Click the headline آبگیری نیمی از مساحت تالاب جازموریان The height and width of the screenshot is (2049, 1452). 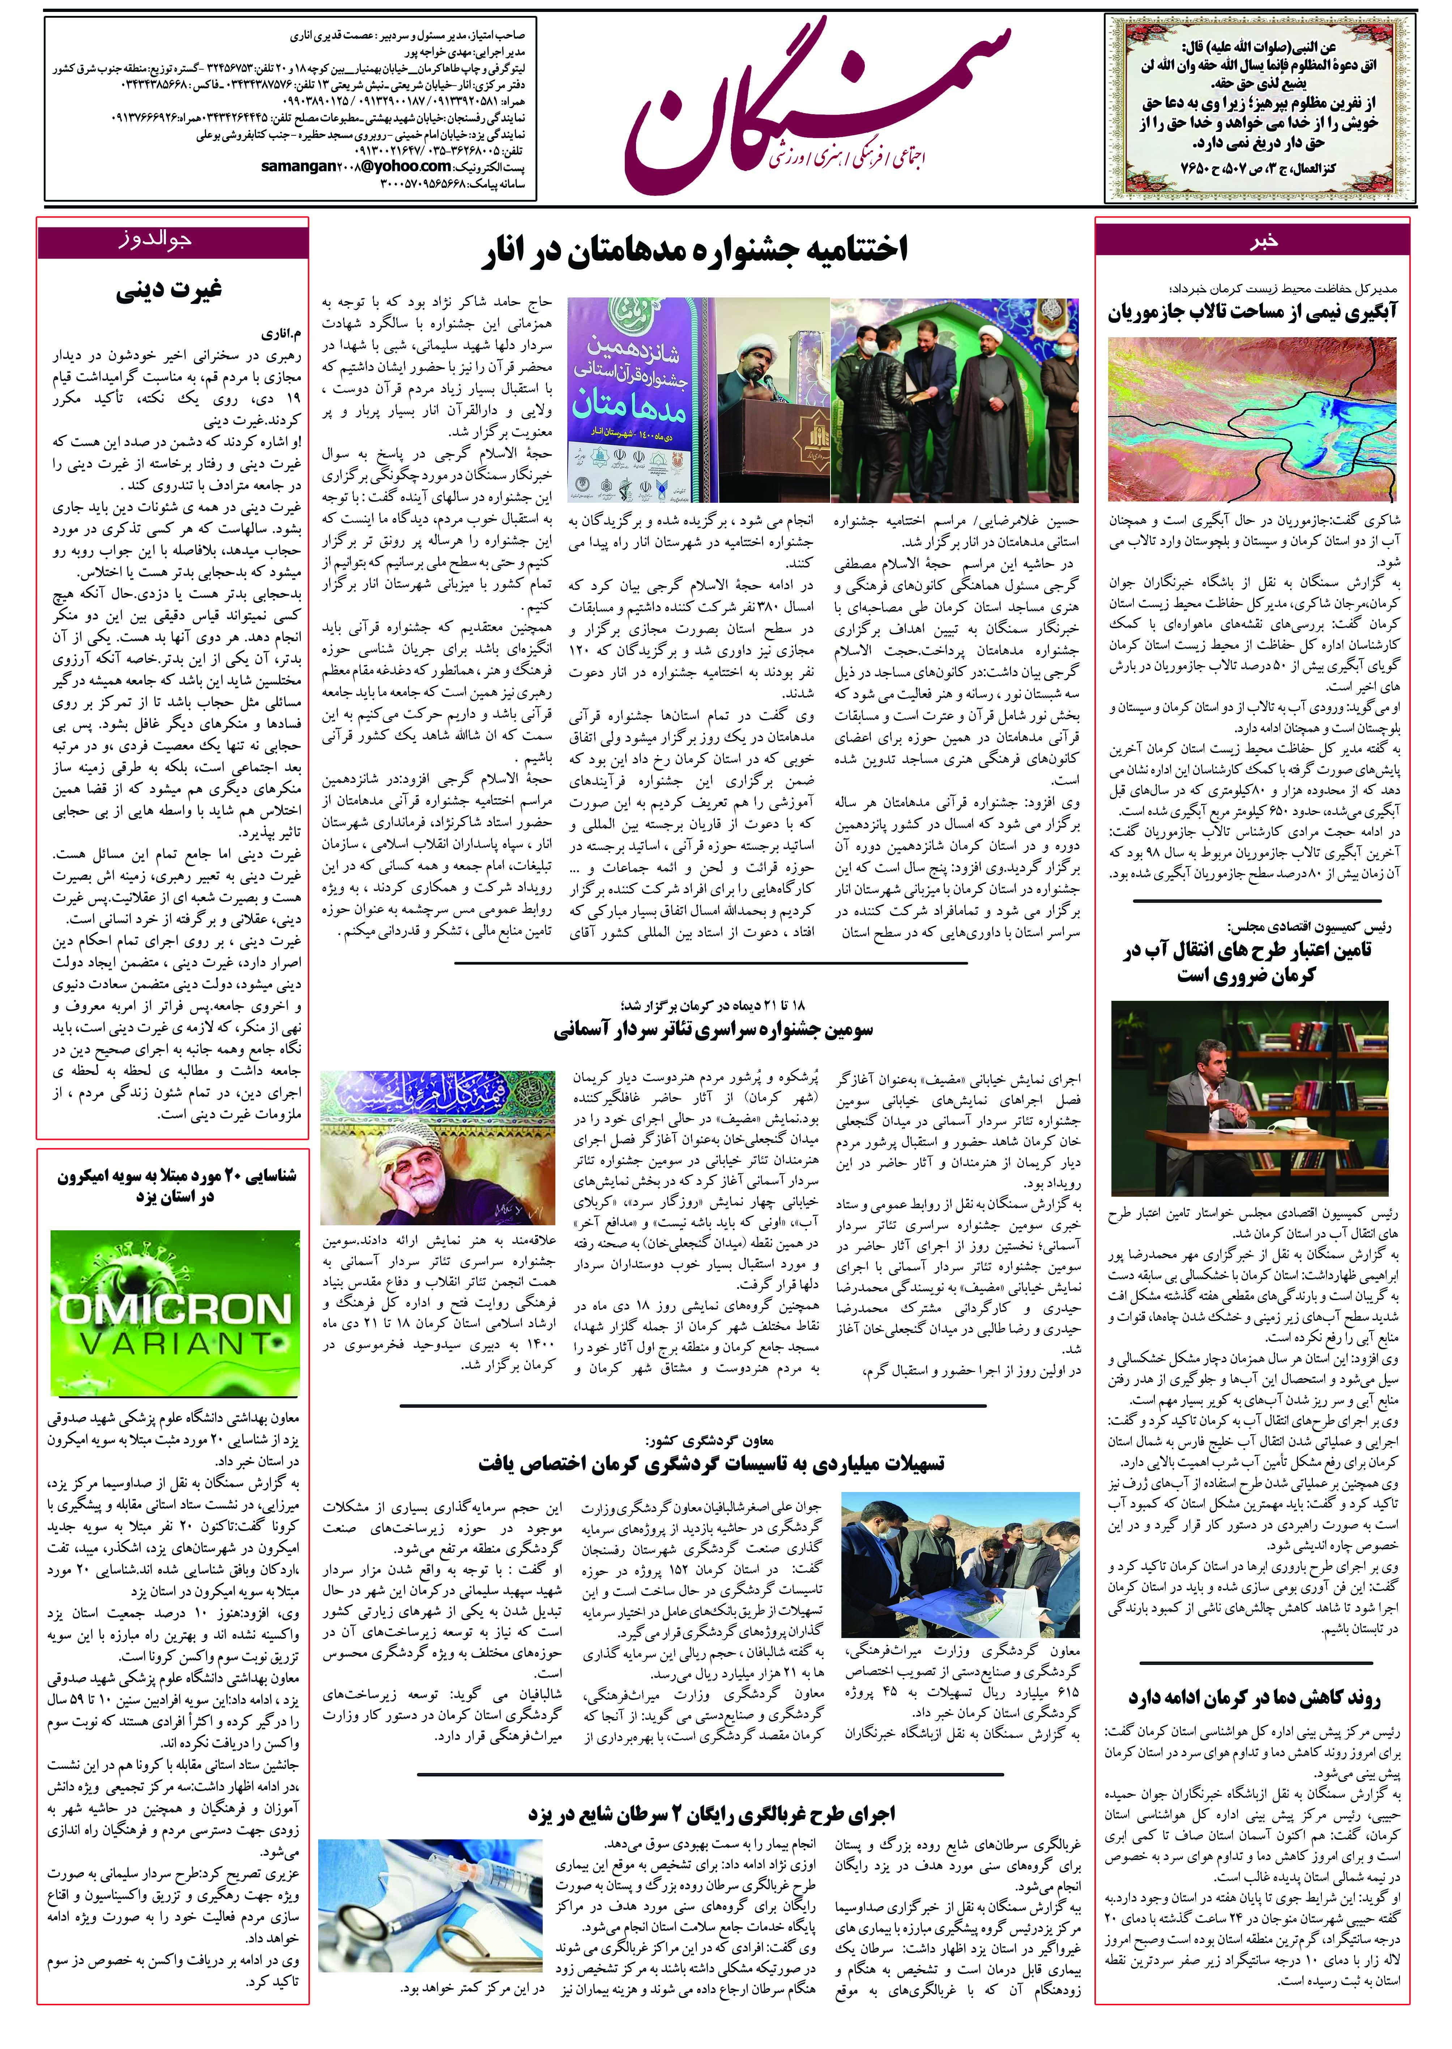point(1252,313)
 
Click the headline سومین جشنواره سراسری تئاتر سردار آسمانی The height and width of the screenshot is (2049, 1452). point(713,1029)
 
